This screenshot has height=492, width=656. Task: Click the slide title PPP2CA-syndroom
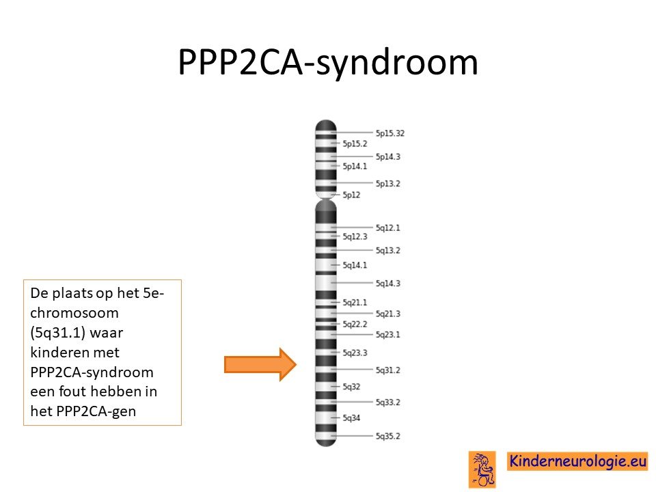tap(328, 63)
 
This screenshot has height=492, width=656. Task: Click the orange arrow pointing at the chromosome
tap(260, 364)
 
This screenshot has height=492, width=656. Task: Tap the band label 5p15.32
tap(390, 133)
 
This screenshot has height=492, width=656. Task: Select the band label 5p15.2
tap(355, 143)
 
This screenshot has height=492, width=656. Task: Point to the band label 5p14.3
tap(388, 156)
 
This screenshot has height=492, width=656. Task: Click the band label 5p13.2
tap(388, 183)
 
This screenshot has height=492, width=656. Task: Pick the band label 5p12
tap(351, 195)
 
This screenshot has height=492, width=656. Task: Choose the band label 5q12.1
tap(388, 228)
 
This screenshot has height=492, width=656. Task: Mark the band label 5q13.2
tap(388, 250)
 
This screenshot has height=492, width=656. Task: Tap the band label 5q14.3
tap(388, 283)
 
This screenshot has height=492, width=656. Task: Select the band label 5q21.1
tap(355, 302)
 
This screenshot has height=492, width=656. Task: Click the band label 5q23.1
tap(388, 334)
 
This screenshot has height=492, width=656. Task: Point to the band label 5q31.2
tap(388, 370)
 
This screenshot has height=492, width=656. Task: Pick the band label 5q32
tap(351, 387)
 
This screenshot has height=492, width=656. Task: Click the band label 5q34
tap(351, 418)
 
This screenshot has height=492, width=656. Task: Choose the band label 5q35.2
tap(388, 436)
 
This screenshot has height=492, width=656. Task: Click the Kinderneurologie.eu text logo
tap(577, 461)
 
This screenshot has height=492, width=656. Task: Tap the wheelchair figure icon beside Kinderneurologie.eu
tap(482, 469)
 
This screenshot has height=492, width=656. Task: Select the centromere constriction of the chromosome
tap(325, 198)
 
